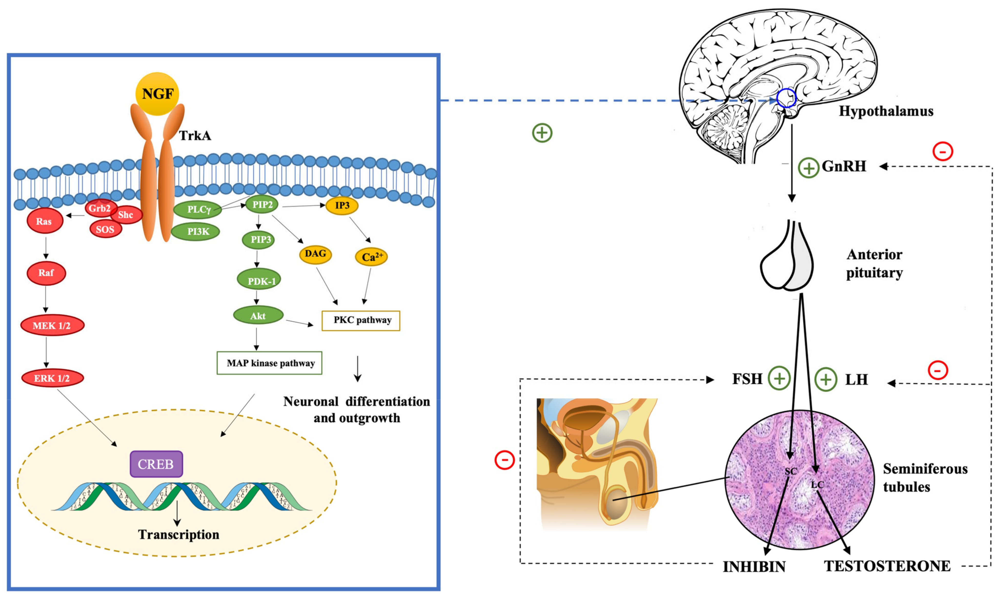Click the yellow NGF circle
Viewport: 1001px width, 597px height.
pos(158,94)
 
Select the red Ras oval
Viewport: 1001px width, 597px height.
pos(45,221)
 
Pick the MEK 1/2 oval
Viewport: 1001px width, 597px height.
pos(52,325)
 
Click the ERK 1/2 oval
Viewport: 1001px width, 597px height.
pos(52,378)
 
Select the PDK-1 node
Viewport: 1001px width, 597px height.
pos(259,280)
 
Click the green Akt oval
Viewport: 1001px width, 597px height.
pos(258,315)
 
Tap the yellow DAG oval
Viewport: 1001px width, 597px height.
pos(315,254)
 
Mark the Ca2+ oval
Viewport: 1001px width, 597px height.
pos(371,257)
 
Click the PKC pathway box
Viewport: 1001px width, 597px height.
pos(361,321)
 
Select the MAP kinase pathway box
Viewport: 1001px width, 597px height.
pos(269,363)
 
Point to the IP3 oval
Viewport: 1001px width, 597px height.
pos(342,206)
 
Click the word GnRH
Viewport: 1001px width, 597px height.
pos(844,166)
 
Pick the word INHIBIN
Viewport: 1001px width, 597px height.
pos(754,567)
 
